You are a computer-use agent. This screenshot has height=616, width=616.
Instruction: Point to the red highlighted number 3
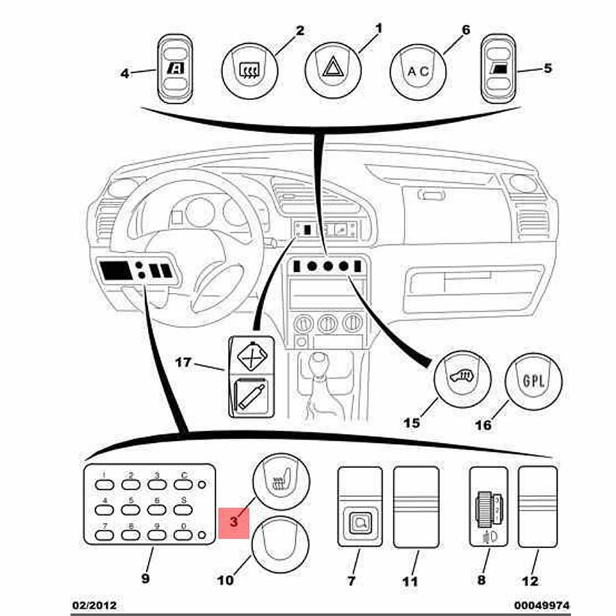234,523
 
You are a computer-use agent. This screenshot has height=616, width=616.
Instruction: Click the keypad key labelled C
183,485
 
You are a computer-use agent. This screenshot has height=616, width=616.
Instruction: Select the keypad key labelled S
183,510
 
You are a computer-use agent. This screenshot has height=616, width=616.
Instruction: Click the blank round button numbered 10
281,544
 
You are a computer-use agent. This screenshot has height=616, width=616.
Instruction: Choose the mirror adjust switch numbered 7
360,507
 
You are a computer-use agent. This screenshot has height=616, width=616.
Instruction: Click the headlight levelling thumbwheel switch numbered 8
488,507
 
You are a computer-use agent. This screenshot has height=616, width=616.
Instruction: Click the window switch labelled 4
175,70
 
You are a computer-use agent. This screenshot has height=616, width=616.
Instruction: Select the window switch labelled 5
498,70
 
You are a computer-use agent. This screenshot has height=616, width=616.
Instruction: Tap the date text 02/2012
95,605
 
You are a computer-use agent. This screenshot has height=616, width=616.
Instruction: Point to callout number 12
530,581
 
